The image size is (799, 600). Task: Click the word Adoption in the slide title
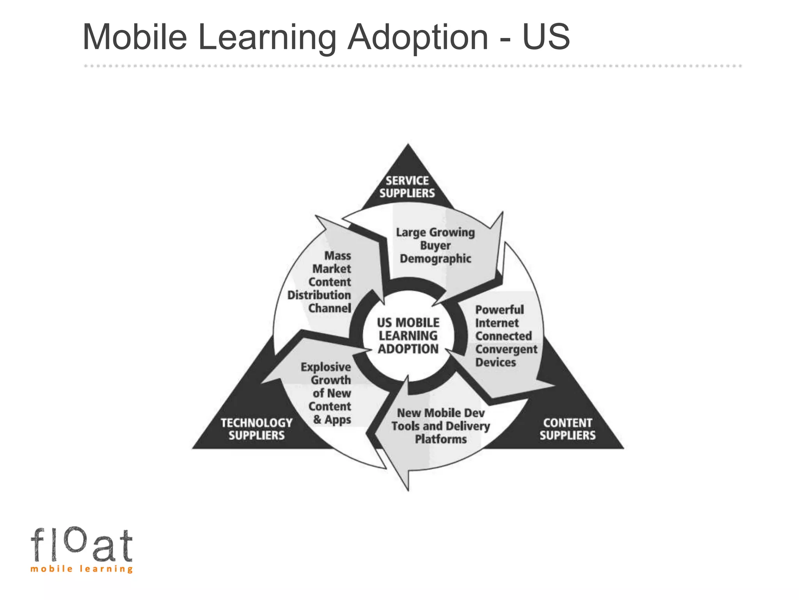417,37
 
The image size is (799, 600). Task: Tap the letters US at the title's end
546,37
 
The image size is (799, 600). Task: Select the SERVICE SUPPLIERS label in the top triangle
407,187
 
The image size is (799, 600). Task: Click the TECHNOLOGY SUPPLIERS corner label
256,429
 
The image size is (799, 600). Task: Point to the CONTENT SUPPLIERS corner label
567,429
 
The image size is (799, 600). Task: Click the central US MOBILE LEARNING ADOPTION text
408,336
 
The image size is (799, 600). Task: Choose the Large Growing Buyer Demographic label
435,245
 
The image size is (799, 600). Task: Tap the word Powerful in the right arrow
499,310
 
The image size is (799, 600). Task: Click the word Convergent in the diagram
506,349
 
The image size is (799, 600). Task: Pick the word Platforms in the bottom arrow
441,439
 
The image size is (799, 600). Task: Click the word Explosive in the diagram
326,367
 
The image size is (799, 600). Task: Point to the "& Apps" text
332,420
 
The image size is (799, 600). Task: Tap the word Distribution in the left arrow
319,295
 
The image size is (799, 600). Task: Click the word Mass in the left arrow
338,256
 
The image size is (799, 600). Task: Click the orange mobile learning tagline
82,569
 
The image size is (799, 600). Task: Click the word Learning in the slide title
267,37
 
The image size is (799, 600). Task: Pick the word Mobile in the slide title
135,37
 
